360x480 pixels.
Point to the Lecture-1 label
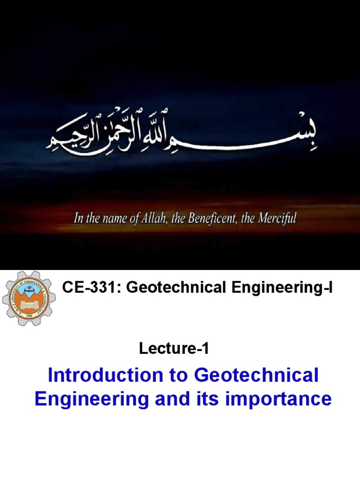point(174,348)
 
